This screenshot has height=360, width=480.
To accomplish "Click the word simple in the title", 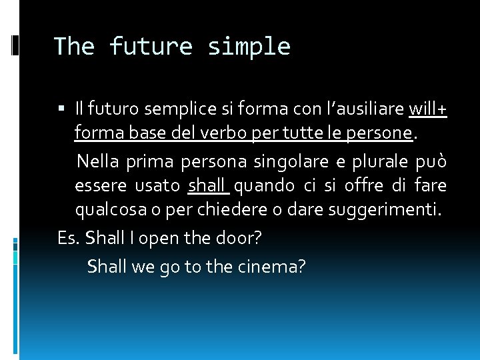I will pyautogui.click(x=249, y=47).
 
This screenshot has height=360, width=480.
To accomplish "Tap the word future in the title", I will pyautogui.click(x=151, y=47).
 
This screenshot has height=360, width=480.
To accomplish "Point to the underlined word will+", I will pyautogui.click(x=427, y=108).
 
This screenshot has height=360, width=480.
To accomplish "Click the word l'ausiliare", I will pyautogui.click(x=363, y=108).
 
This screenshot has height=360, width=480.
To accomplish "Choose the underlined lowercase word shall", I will pyautogui.click(x=207, y=186).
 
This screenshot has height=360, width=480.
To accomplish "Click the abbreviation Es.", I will pyautogui.click(x=69, y=239).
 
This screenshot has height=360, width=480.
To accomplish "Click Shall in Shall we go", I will pyautogui.click(x=107, y=267).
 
